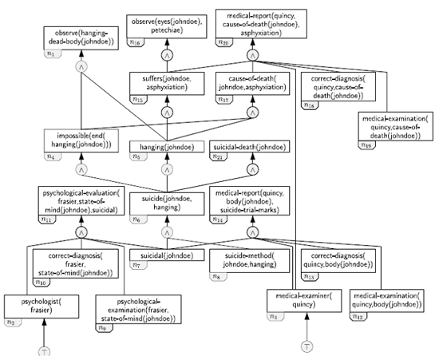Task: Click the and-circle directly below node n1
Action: pyautogui.click(x=81, y=68)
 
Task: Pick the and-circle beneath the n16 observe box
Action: pyautogui.click(x=168, y=54)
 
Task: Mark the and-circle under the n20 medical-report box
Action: pyautogui.click(x=253, y=55)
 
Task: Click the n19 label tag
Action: pyautogui.click(x=366, y=144)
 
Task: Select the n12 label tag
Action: pyautogui.click(x=358, y=318)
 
